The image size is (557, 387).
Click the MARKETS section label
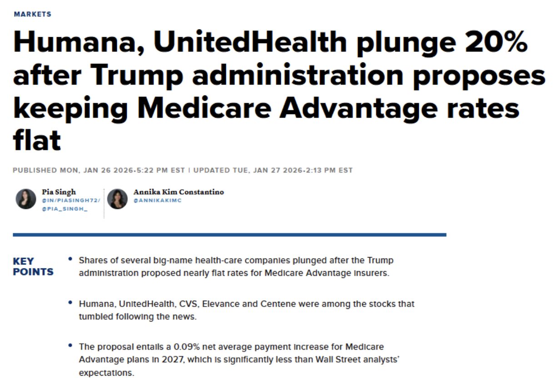(x=32, y=14)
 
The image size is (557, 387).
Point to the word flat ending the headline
(x=37, y=141)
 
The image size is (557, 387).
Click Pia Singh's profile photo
(x=25, y=199)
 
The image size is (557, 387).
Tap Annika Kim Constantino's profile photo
(x=117, y=199)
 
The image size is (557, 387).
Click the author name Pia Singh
(x=59, y=192)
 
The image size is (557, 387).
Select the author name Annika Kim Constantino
(x=179, y=192)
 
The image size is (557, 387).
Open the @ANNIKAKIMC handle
(x=157, y=200)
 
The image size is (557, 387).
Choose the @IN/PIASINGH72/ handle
(x=71, y=200)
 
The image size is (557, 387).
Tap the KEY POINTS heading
(x=33, y=267)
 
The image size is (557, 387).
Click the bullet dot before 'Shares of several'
(x=70, y=258)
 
